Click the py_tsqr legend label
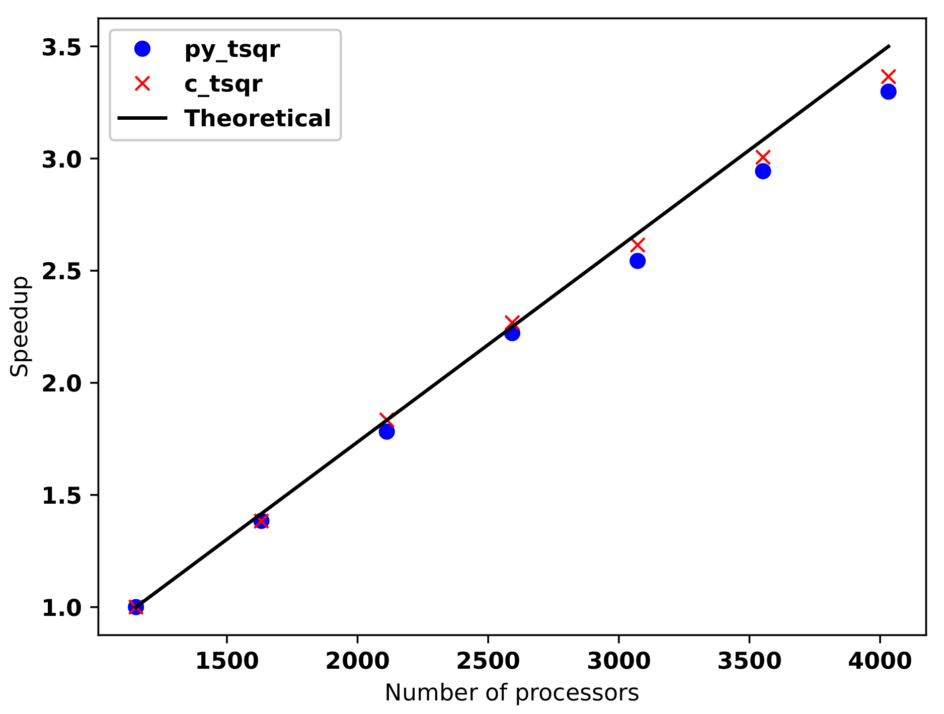pyautogui.click(x=232, y=49)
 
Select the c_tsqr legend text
pyautogui.click(x=223, y=84)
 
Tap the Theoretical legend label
pyautogui.click(x=258, y=118)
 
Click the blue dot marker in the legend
pyautogui.click(x=142, y=49)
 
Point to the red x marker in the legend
pyautogui.click(x=142, y=84)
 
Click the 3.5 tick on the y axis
pyautogui.click(x=61, y=47)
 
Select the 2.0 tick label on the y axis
pyautogui.click(x=61, y=383)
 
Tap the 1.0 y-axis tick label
pyautogui.click(x=61, y=608)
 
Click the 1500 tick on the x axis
pyautogui.click(x=226, y=661)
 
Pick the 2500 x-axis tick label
pyautogui.click(x=488, y=661)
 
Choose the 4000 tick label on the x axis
pyautogui.click(x=880, y=661)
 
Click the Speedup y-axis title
pyautogui.click(x=20, y=326)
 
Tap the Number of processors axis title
pyautogui.click(x=512, y=693)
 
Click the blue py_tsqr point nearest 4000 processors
pyautogui.click(x=888, y=92)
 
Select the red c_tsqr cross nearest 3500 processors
pyautogui.click(x=763, y=157)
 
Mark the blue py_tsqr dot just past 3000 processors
pyautogui.click(x=638, y=261)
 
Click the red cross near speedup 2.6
pyautogui.click(x=638, y=246)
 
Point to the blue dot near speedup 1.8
pyautogui.click(x=386, y=432)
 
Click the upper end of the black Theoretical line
pyautogui.click(x=889, y=46)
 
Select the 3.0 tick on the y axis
pyautogui.click(x=61, y=159)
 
